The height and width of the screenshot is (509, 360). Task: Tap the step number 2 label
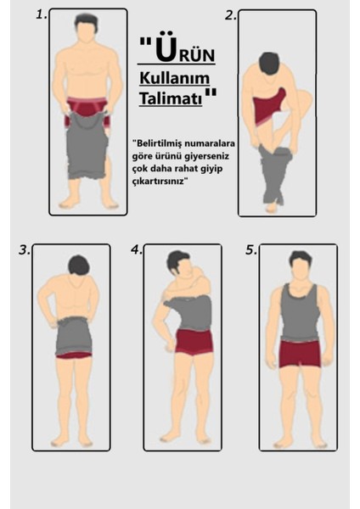[x=230, y=14]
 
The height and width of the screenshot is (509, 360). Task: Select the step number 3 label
[x=25, y=250]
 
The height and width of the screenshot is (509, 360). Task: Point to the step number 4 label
[x=136, y=250]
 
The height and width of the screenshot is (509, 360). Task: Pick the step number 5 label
[x=251, y=250]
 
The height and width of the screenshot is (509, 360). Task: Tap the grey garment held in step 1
[x=85, y=148]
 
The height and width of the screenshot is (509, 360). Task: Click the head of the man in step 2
[x=269, y=64]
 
